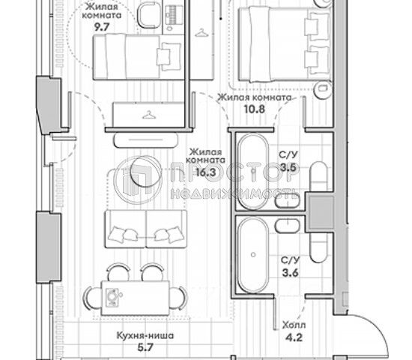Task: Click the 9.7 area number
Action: point(102,27)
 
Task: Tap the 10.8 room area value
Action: point(255,109)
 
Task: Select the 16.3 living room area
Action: point(206,172)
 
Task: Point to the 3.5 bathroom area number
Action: point(288,167)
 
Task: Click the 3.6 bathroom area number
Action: point(291,273)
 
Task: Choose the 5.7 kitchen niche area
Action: point(145,348)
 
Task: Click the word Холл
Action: point(294,325)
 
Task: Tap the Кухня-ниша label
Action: point(145,336)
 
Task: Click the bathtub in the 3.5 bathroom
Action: point(252,172)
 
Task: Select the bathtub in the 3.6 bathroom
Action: point(252,255)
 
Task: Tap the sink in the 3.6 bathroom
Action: point(288,226)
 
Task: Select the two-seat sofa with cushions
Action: point(146,229)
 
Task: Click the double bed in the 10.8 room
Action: point(285,44)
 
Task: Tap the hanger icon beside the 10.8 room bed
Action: point(202,33)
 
